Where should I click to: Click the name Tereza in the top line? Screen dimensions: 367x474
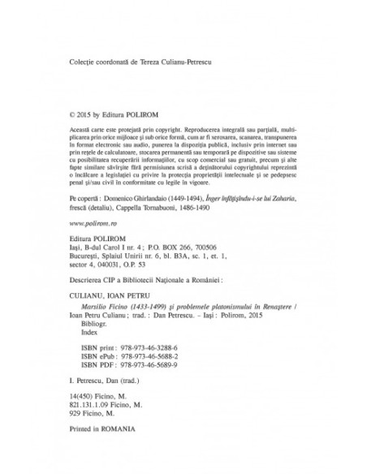click(x=154, y=61)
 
